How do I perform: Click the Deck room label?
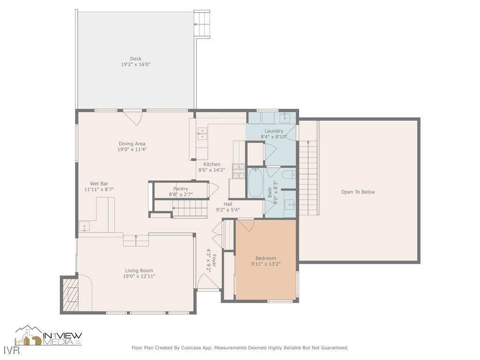[x=135, y=59]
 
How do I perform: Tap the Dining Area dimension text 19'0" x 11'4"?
[x=132, y=150]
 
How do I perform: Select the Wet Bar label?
[x=99, y=184]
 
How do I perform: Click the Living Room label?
[x=139, y=270]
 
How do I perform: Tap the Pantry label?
[x=180, y=188]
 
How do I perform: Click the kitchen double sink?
[x=202, y=134]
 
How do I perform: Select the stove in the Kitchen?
[x=239, y=172]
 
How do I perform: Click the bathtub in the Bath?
[x=255, y=183]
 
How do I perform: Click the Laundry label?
[x=274, y=131]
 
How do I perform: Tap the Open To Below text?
[x=358, y=192]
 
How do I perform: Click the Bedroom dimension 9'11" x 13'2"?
[x=265, y=264]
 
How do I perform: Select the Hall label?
[x=228, y=204]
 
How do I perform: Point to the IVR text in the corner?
[x=8, y=349]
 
